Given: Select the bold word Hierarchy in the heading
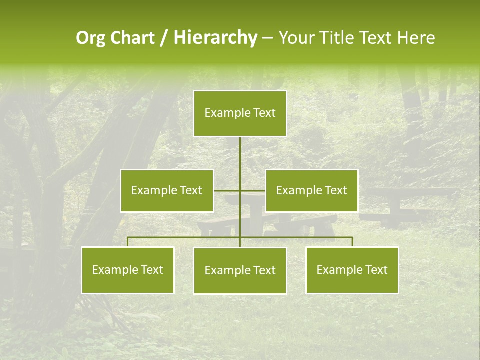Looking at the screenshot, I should pyautogui.click(x=215, y=38).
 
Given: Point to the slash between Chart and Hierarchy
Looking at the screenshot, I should pyautogui.click(x=164, y=38).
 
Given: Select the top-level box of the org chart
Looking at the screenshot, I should pyautogui.click(x=240, y=113).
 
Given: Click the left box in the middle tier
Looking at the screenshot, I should pyautogui.click(x=167, y=190).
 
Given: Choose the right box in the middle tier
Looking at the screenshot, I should pyautogui.click(x=312, y=190).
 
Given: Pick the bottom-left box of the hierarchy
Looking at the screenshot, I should pyautogui.click(x=128, y=270).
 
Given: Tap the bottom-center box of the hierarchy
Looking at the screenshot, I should pyautogui.click(x=240, y=271).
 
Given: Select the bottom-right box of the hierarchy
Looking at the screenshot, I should pyautogui.click(x=352, y=270).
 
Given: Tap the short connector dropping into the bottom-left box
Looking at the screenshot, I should pyautogui.click(x=128, y=242).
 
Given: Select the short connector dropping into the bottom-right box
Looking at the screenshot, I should pyautogui.click(x=352, y=242).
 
